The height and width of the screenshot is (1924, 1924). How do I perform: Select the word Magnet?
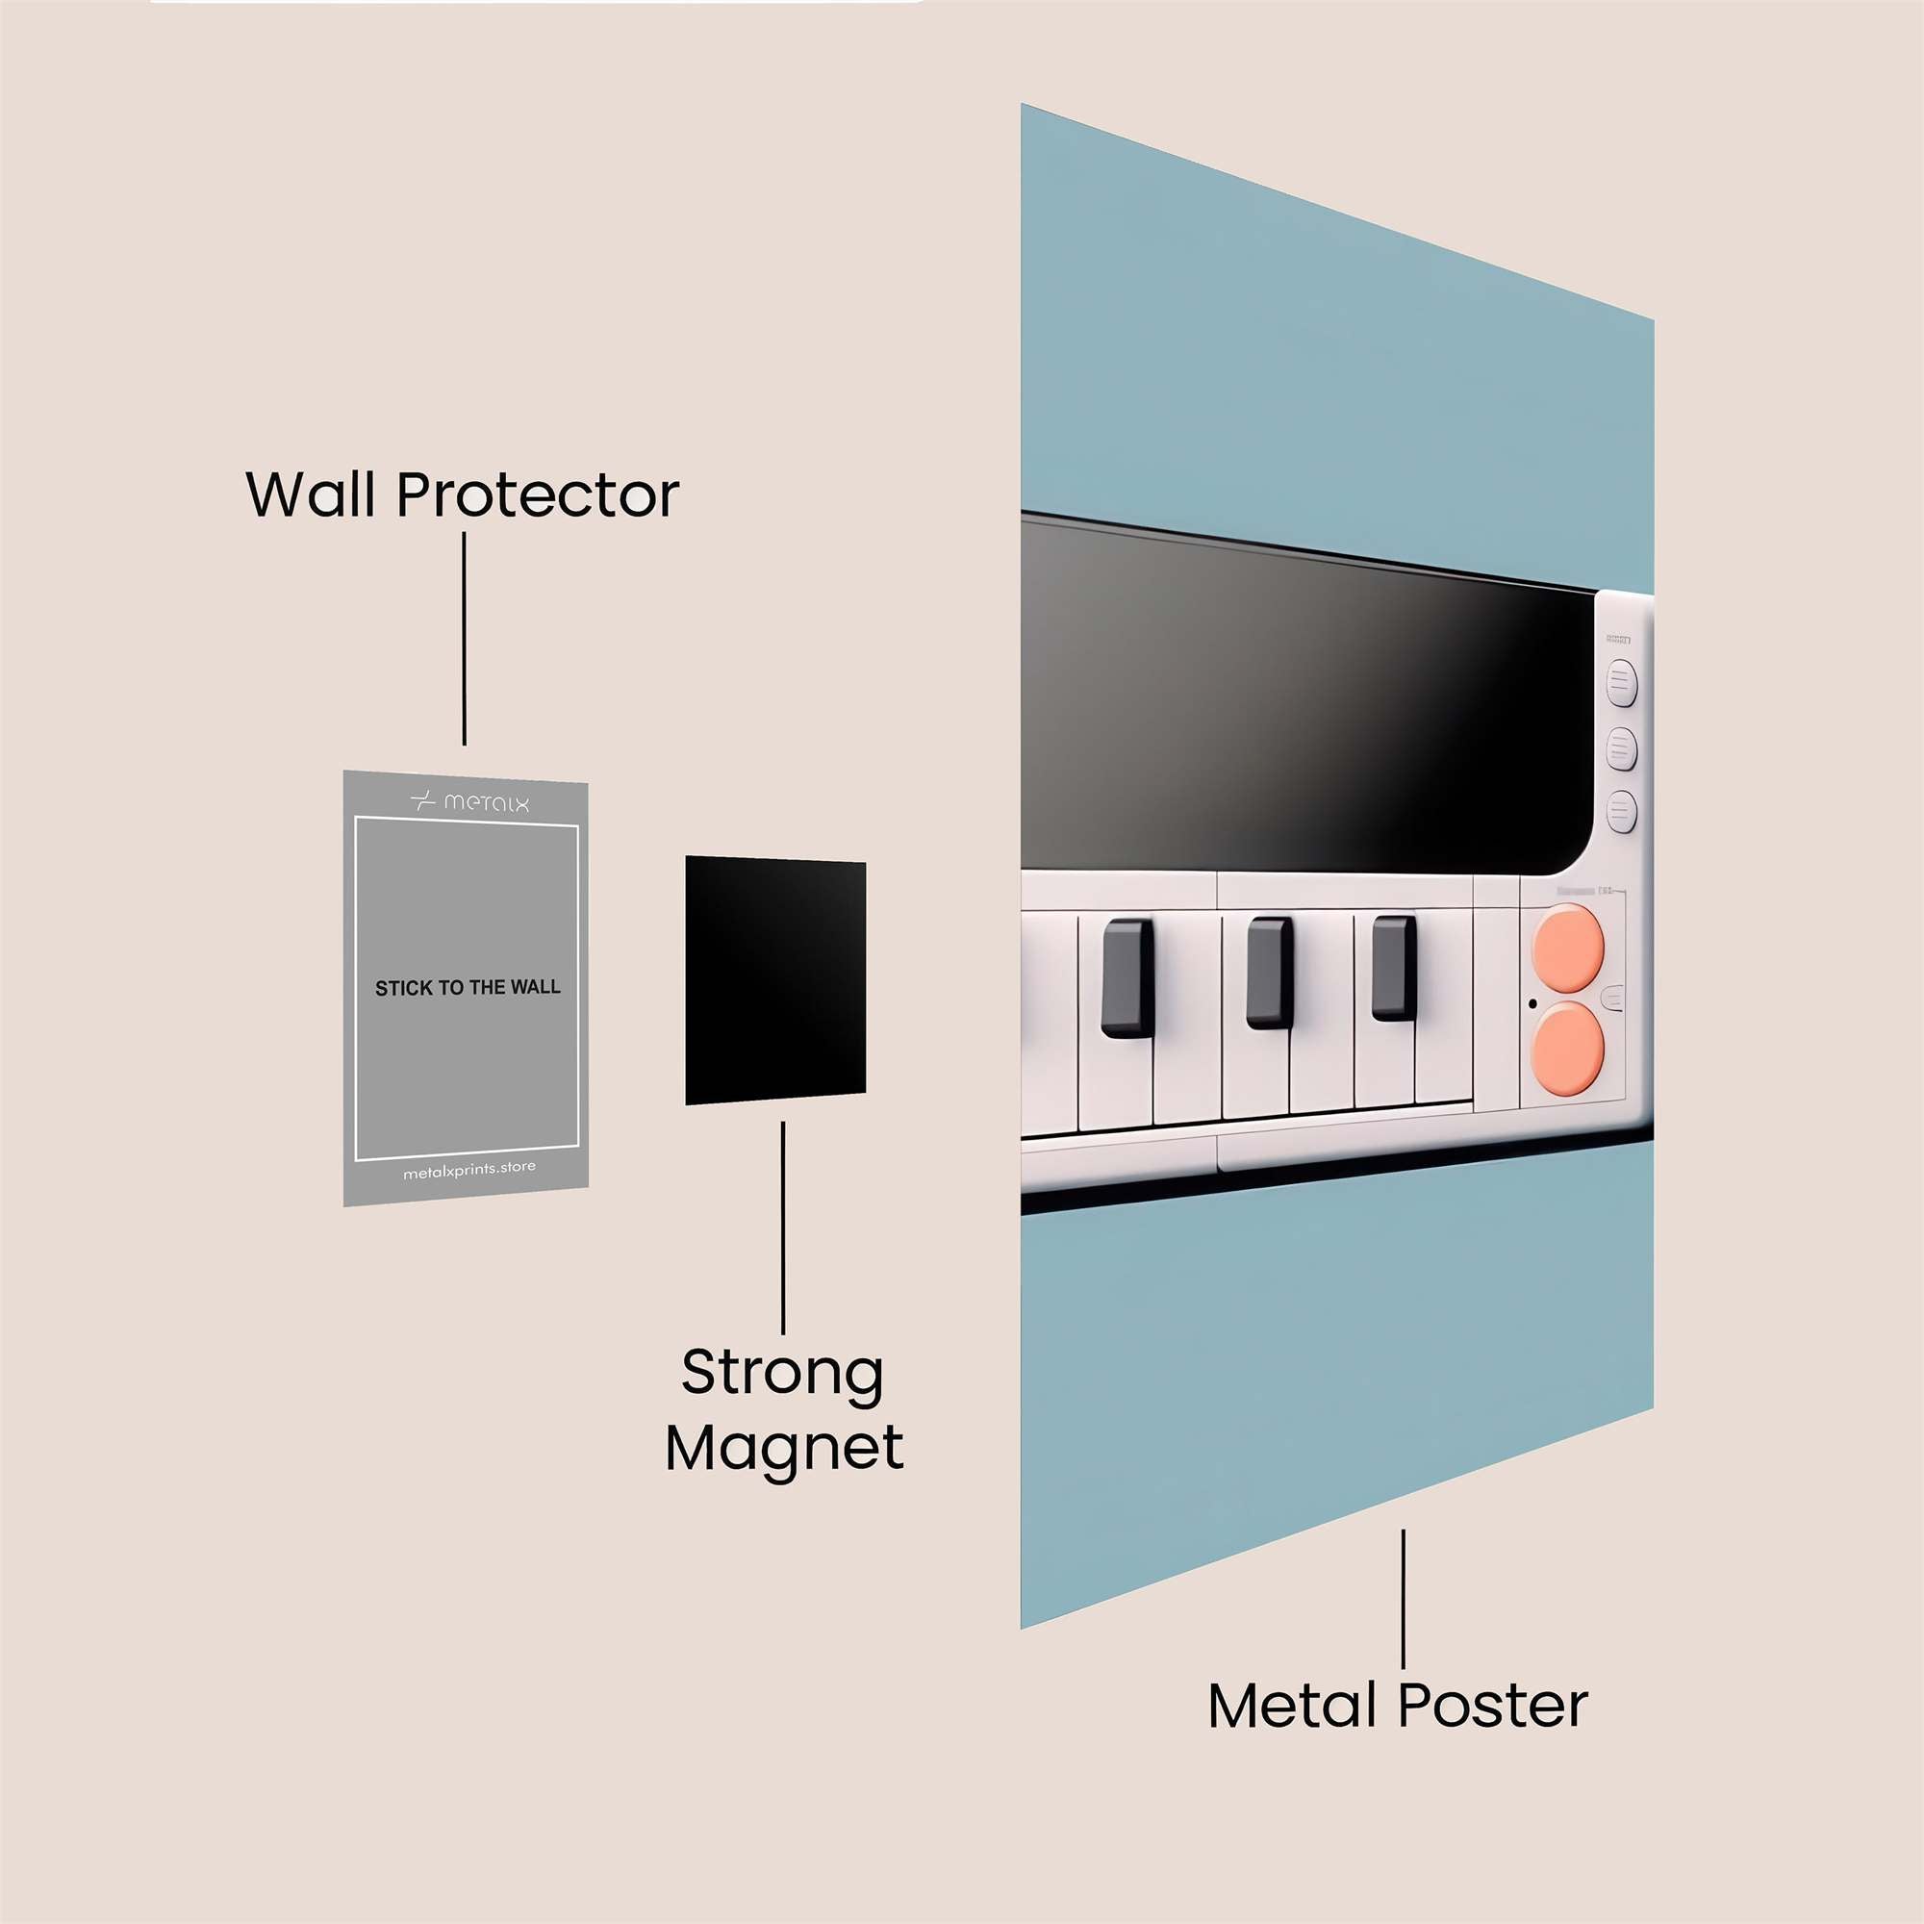784,1448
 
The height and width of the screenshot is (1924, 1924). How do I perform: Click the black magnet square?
774,980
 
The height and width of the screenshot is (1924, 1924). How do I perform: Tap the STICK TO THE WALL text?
468,988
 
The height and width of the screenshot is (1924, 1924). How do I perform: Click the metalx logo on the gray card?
469,801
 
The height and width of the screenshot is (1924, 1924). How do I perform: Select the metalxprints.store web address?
469,1171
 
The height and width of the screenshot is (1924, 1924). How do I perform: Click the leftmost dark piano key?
1127,978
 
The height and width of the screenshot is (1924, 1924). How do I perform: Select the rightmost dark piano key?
1393,969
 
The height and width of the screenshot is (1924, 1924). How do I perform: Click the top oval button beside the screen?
1621,682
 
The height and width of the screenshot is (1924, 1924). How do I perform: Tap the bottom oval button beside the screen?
1621,812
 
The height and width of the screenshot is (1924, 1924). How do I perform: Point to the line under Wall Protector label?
464,638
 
